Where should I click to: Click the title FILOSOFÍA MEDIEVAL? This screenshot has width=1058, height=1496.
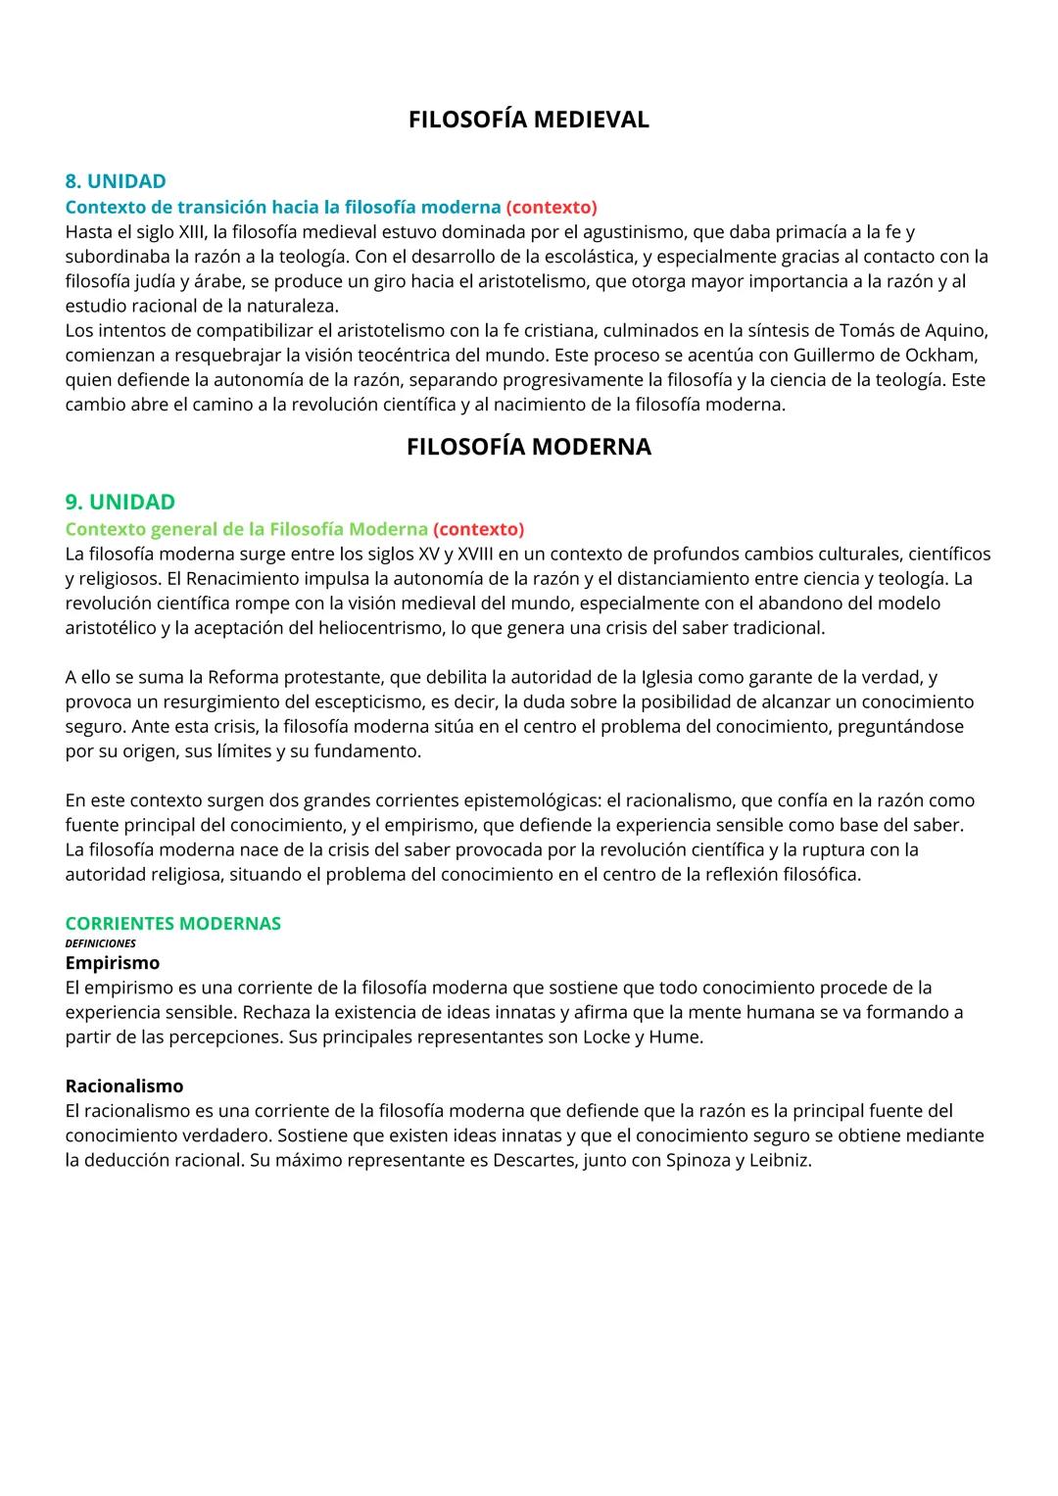[x=528, y=120]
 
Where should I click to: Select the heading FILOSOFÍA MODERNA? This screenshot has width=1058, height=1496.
[x=528, y=447]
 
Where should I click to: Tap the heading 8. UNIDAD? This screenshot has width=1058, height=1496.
[x=116, y=181]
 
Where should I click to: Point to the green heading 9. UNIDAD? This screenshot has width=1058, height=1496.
[x=120, y=502]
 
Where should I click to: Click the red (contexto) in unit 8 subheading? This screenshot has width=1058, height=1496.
[x=552, y=207]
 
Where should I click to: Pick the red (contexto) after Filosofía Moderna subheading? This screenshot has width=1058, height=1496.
[x=478, y=529]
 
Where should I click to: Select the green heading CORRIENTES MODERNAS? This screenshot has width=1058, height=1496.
[x=172, y=923]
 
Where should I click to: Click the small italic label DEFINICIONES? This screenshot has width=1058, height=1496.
[x=100, y=943]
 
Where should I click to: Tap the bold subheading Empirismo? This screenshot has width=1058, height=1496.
[x=112, y=963]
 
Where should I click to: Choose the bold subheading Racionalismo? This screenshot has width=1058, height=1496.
[x=123, y=1086]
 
